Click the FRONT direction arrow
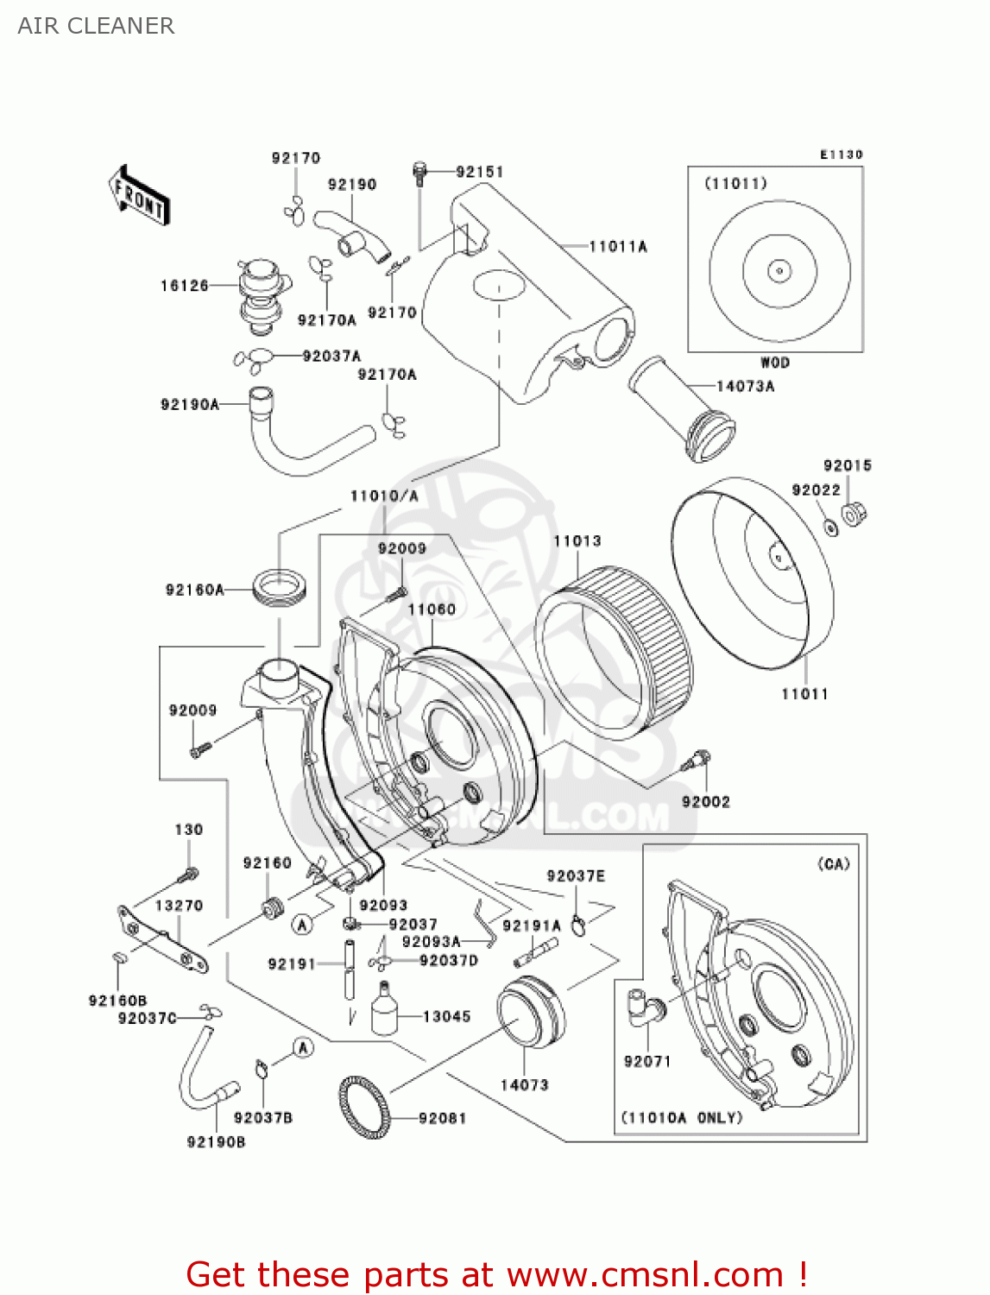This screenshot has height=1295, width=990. (x=139, y=196)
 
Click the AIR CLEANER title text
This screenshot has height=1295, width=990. (x=96, y=26)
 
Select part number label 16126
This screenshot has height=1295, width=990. (x=184, y=286)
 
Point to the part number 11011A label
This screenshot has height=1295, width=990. (x=618, y=247)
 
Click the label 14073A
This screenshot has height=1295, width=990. (x=745, y=387)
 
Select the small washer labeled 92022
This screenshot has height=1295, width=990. (x=830, y=527)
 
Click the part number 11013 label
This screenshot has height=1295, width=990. (x=577, y=541)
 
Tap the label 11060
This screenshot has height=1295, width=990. (x=432, y=610)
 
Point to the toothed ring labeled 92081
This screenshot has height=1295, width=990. (x=363, y=1109)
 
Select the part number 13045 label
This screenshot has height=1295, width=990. (x=446, y=1017)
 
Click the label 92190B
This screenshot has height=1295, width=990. (x=216, y=1142)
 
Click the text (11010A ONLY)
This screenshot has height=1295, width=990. (x=682, y=1118)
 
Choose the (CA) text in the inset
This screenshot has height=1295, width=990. (x=833, y=864)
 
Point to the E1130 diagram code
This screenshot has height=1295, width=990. (x=841, y=155)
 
